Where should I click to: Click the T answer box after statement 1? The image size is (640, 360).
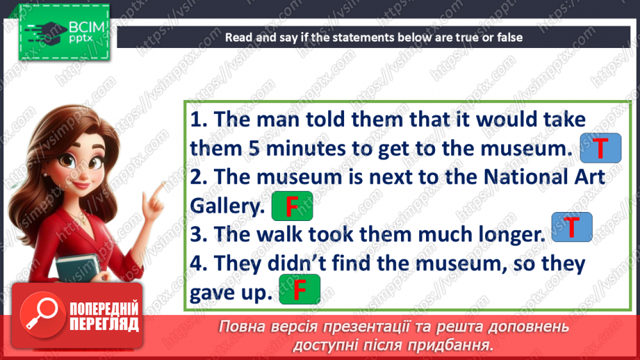click(600, 148)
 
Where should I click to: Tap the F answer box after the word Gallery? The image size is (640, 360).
click(293, 206)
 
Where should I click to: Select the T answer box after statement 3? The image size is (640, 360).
click(571, 227)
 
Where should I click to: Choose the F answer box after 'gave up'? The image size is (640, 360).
click(300, 289)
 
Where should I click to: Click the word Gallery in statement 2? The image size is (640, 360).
click(227, 206)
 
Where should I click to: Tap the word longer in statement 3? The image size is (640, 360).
click(512, 235)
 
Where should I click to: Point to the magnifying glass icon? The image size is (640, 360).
click(42, 315)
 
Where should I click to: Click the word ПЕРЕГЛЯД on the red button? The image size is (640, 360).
click(104, 325)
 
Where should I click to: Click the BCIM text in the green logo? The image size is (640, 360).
click(87, 28)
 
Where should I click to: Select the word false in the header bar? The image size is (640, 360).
click(509, 38)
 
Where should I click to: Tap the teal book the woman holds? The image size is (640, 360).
click(79, 268)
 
